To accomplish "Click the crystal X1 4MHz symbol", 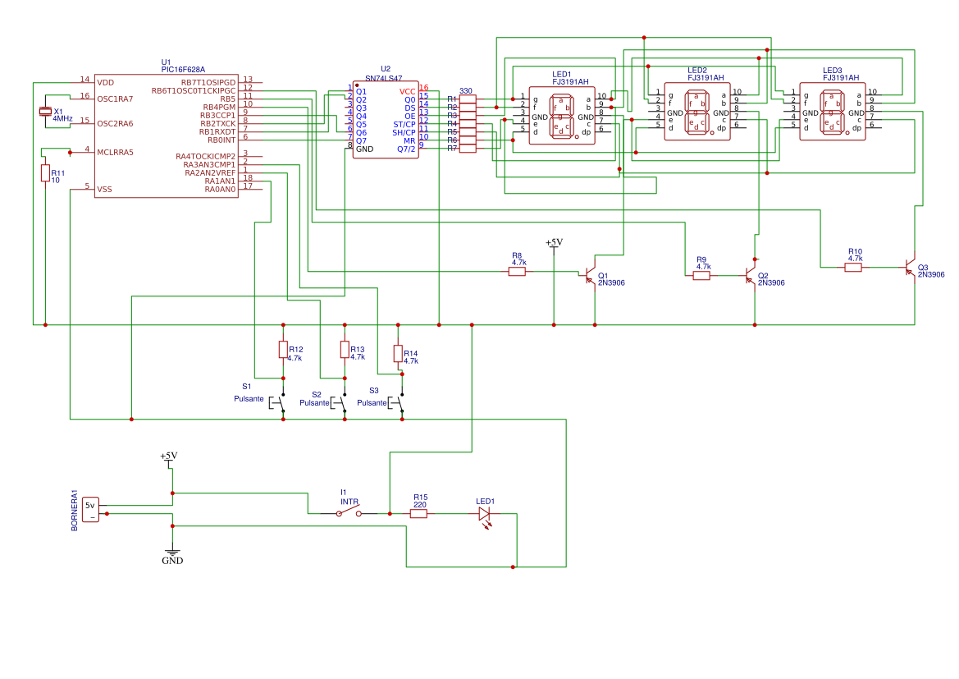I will tap(45, 112).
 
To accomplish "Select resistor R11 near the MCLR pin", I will tap(45, 172).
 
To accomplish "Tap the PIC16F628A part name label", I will tap(183, 70).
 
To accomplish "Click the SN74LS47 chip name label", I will tap(386, 76).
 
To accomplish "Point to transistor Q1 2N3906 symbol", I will tap(590, 275).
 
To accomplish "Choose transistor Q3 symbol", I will tap(910, 268).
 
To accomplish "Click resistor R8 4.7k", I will tap(517, 271).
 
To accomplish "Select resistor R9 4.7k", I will tap(701, 276).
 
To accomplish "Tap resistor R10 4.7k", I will tap(854, 267).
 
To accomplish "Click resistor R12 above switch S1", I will tap(283, 350).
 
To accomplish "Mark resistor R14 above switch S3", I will tap(398, 354).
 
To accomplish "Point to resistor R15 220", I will tap(418, 513).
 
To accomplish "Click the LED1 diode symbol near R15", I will tap(484, 514).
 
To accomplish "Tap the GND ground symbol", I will tap(172, 553).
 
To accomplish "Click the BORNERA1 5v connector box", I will tap(91, 510).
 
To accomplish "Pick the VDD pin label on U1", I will tap(106, 82).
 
